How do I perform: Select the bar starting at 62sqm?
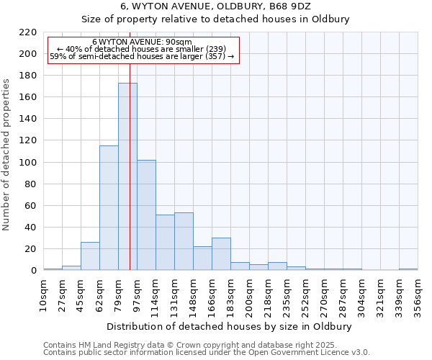(x=109, y=208)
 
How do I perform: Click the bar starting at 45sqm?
(x=90, y=256)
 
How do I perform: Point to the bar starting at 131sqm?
(x=184, y=241)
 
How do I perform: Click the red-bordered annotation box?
(x=143, y=50)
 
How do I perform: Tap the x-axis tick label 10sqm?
(x=44, y=296)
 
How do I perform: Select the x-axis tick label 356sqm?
(x=418, y=296)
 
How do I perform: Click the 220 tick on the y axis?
(x=29, y=32)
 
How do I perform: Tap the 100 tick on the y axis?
(x=29, y=163)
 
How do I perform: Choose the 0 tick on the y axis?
(x=33, y=271)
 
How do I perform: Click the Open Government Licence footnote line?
(x=207, y=352)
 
